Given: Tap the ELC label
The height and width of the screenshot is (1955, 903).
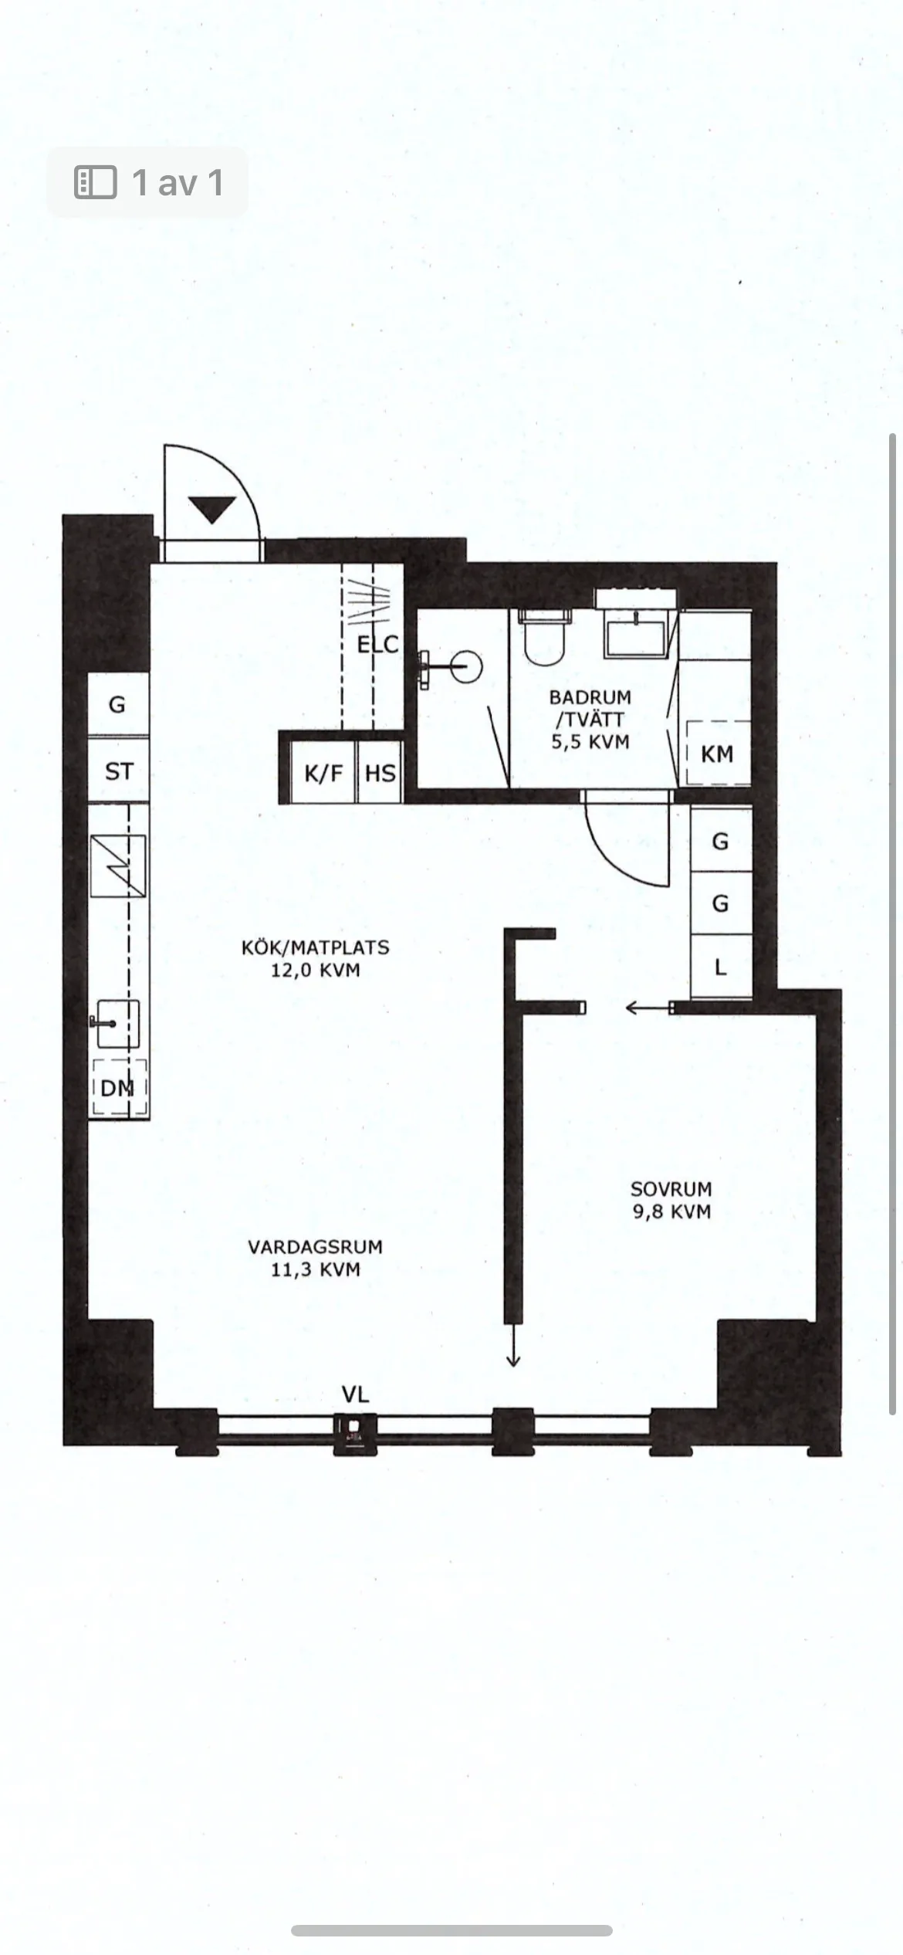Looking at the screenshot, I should pyautogui.click(x=377, y=644).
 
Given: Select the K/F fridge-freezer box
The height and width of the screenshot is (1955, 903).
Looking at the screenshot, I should pyautogui.click(x=323, y=773).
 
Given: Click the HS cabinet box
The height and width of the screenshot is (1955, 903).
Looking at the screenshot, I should pyautogui.click(x=380, y=773).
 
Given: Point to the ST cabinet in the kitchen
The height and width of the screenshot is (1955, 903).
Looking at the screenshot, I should pyautogui.click(x=119, y=771).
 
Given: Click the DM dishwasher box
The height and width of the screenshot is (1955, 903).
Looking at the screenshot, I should pyautogui.click(x=118, y=1087).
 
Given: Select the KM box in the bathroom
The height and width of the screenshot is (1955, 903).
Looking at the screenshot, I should pyautogui.click(x=717, y=754).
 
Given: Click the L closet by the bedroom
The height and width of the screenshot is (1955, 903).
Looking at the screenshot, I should pyautogui.click(x=720, y=967).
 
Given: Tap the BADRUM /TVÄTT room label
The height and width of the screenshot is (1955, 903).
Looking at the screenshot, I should pyautogui.click(x=590, y=708).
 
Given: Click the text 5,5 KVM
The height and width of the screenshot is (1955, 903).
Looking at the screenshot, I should pyautogui.click(x=590, y=742).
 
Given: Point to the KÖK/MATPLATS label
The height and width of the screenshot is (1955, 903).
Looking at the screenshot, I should pyautogui.click(x=315, y=947).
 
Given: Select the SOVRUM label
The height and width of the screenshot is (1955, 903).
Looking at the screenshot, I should pyautogui.click(x=671, y=1188).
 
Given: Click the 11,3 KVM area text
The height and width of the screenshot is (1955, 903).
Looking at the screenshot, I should pyautogui.click(x=315, y=1269).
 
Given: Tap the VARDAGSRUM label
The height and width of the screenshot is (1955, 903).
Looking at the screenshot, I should pyautogui.click(x=315, y=1246).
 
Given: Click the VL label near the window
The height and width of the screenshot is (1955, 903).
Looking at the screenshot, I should pyautogui.click(x=355, y=1394).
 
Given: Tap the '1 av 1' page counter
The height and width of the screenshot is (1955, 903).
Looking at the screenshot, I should pyautogui.click(x=177, y=183).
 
